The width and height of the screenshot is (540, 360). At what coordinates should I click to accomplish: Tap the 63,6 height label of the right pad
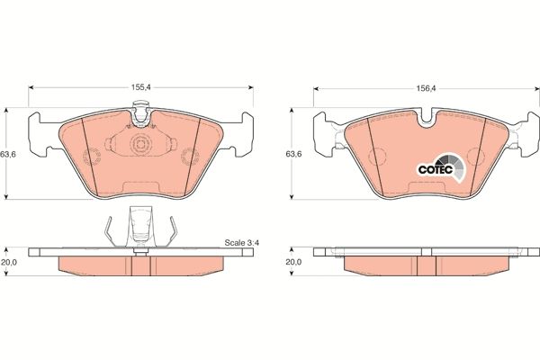point(293,154)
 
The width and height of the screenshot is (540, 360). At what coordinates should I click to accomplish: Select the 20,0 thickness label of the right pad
point(293,262)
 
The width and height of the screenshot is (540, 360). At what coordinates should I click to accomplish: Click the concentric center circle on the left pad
point(139,147)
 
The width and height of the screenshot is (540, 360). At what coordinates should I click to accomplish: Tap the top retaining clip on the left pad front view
point(139,112)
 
